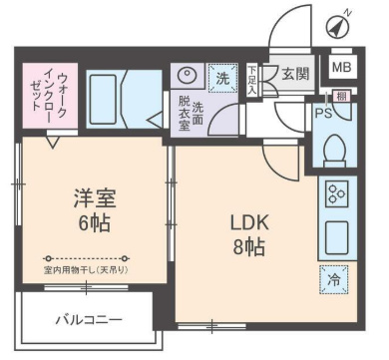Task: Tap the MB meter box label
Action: (341, 67)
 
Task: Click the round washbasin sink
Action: (187, 74)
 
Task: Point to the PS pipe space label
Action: (322, 113)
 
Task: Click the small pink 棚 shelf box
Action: (341, 96)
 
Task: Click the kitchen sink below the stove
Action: (334, 237)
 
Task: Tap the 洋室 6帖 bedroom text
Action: (90, 208)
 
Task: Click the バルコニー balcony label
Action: (89, 320)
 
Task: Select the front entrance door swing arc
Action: (289, 28)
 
